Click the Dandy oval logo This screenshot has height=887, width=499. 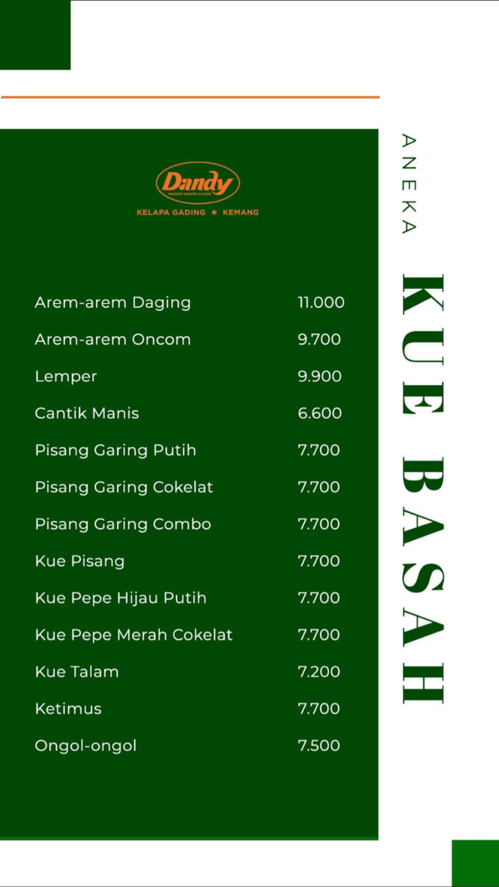[x=198, y=183]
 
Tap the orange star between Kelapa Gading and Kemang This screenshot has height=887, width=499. [x=214, y=212]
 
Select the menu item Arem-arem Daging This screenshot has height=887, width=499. [x=112, y=302]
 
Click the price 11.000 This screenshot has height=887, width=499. [x=321, y=302]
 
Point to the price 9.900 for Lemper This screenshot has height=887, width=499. [x=319, y=376]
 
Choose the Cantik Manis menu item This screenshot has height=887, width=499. [x=87, y=413]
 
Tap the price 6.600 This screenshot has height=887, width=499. [x=319, y=413]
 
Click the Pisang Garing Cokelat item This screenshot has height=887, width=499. [x=124, y=487]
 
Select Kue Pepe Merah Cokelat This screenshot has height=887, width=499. [x=133, y=635]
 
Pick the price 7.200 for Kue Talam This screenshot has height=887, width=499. [x=319, y=672]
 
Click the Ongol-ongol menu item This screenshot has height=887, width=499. [x=86, y=746]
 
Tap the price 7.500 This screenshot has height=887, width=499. [x=319, y=746]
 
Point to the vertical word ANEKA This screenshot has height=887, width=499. [x=409, y=184]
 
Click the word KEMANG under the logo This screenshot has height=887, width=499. [x=241, y=212]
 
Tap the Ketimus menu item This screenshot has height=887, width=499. [x=68, y=709]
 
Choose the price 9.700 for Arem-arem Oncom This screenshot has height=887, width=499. [x=319, y=339]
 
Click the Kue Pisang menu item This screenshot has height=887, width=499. [x=80, y=561]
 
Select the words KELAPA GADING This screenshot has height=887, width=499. [x=171, y=212]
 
